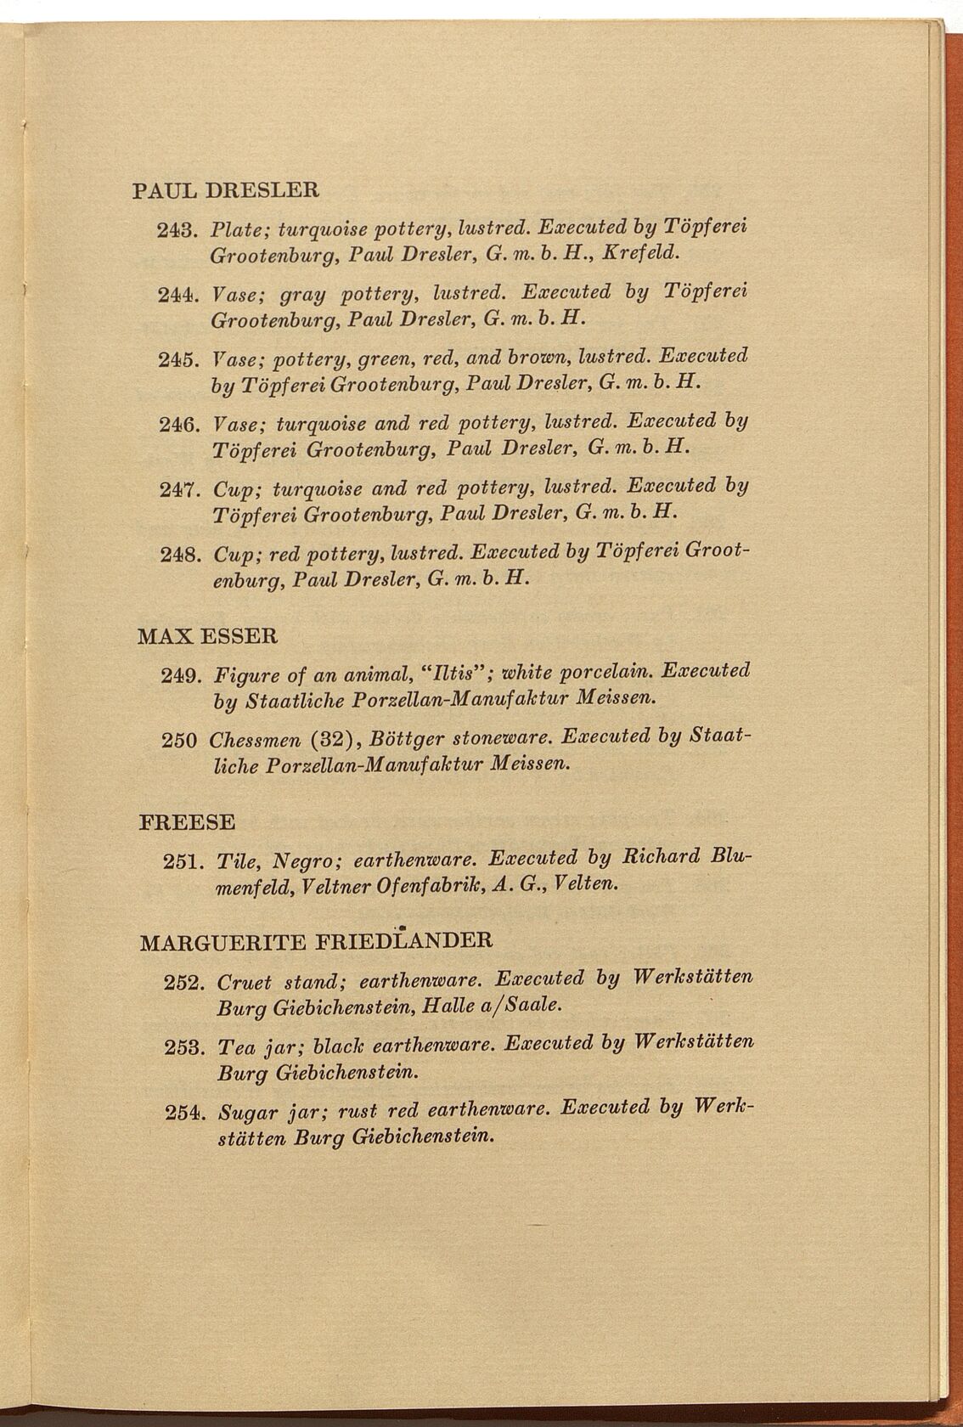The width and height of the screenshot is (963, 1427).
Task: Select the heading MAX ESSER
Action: (x=207, y=635)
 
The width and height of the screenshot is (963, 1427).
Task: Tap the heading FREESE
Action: (x=186, y=822)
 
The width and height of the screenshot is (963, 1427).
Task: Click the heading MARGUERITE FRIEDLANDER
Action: (x=315, y=941)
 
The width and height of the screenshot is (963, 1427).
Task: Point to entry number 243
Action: (x=177, y=229)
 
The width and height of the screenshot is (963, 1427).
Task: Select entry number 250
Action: (x=179, y=740)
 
